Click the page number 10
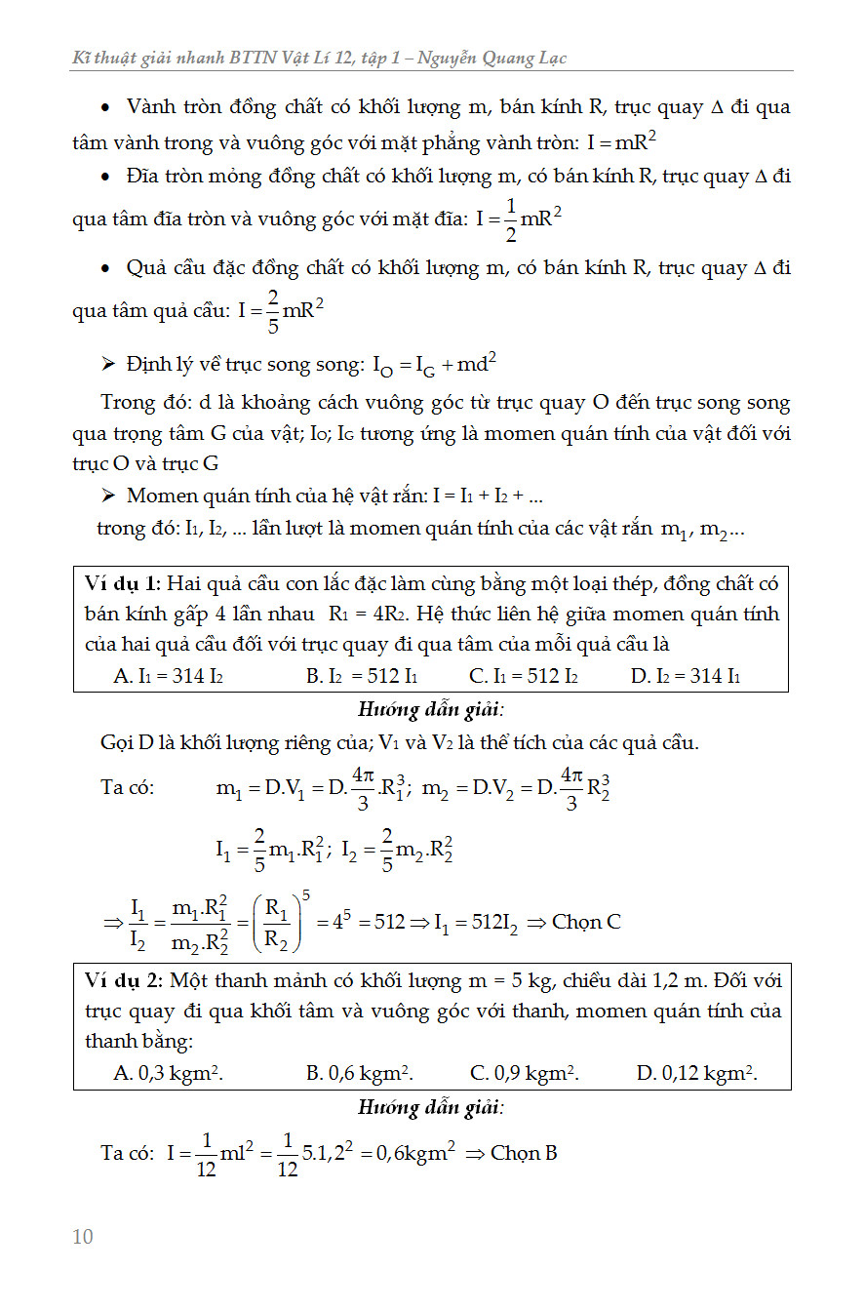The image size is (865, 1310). pos(83,1237)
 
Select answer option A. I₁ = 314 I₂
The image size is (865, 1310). pos(168,676)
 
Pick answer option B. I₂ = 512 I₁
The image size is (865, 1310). pos(362,676)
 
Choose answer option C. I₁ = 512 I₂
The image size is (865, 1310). pos(524,676)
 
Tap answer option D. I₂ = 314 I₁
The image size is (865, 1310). pos(685,676)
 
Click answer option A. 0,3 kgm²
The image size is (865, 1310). pos(169,1073)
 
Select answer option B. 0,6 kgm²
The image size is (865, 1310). pos(360,1073)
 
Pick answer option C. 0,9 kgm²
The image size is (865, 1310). pos(525,1073)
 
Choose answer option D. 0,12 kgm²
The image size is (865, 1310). pos(696,1073)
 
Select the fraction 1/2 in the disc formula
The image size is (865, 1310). pos(510,218)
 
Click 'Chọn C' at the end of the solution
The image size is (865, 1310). pos(586,922)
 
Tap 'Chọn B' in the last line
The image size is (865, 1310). pos(524,1153)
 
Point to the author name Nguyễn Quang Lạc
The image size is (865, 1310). pos(492,59)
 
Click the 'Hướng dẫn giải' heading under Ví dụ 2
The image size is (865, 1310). pos(431,1107)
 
